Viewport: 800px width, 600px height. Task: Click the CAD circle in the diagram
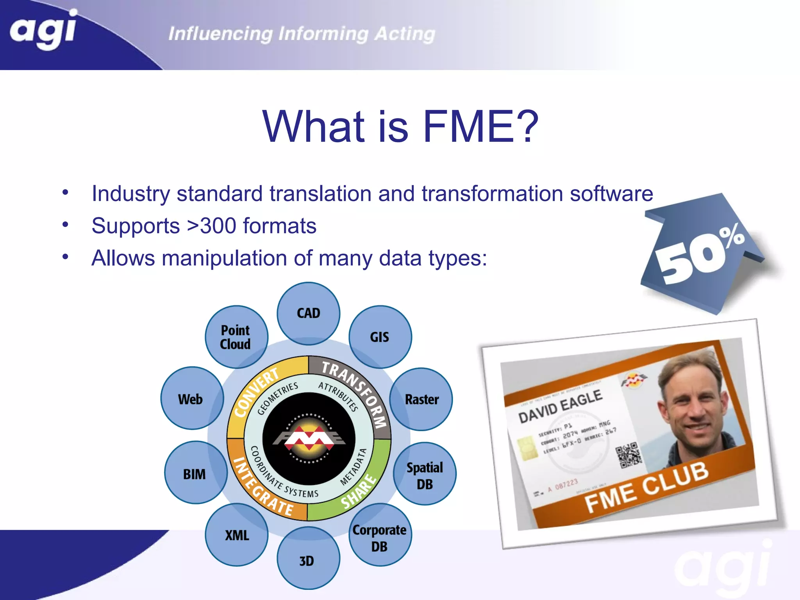tap(309, 313)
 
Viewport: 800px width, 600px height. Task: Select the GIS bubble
tap(380, 337)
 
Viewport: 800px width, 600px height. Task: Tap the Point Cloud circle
tap(236, 337)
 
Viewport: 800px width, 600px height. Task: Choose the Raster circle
tap(421, 399)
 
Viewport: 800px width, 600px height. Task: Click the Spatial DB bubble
tap(425, 474)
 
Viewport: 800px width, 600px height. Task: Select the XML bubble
tap(237, 534)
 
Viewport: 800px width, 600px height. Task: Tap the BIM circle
tap(195, 473)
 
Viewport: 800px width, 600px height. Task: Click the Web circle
tap(191, 399)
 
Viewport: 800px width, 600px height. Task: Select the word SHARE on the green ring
tap(359, 492)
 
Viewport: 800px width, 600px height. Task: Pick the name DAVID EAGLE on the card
tap(560, 406)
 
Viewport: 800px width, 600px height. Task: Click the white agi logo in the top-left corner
tap(43, 30)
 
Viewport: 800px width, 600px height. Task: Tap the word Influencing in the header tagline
tap(221, 34)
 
